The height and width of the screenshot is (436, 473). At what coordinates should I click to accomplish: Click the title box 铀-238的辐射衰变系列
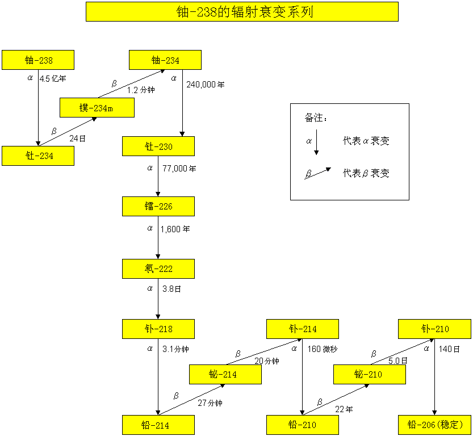(x=242, y=11)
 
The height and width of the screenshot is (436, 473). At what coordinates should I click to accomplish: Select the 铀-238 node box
(x=38, y=60)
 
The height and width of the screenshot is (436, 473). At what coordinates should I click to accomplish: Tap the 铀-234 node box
(x=165, y=60)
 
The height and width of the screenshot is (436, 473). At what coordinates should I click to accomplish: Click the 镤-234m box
(x=97, y=108)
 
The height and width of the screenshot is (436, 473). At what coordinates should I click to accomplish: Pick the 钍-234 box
(x=38, y=156)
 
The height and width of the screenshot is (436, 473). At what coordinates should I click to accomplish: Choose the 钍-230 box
(x=158, y=146)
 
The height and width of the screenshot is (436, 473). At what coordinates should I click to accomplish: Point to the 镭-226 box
(x=158, y=207)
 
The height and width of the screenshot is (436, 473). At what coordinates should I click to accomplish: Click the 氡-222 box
(x=158, y=269)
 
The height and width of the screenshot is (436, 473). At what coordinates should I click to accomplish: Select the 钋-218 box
(x=158, y=329)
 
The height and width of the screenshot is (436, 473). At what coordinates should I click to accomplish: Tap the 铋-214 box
(x=225, y=375)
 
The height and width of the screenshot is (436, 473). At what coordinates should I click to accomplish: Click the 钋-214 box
(x=303, y=329)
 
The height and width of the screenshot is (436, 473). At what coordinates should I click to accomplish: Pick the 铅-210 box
(x=303, y=425)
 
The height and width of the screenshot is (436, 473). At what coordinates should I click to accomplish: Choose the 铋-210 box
(x=369, y=375)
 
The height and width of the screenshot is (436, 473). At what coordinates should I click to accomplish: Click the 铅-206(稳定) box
(x=435, y=425)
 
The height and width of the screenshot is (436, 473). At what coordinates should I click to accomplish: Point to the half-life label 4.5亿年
(x=57, y=79)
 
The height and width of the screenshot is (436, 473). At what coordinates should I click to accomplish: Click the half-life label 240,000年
(x=206, y=85)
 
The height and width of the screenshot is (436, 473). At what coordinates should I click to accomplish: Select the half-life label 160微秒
(x=322, y=349)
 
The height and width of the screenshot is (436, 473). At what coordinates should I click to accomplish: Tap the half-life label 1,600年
(x=175, y=229)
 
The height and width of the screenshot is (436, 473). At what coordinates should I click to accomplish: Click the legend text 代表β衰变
(x=366, y=174)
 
